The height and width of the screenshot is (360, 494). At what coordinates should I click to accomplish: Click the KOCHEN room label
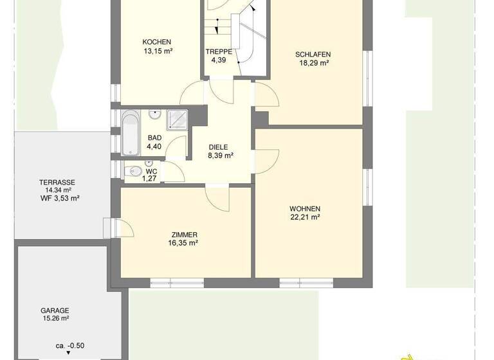pos(157,42)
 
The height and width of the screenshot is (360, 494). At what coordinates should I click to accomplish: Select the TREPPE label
pos(219,51)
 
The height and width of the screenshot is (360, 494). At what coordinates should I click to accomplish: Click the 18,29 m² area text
pos(313,63)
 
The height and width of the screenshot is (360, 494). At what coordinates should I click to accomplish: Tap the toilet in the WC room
pos(134,172)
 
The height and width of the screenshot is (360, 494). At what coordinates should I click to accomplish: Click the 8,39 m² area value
pos(220,156)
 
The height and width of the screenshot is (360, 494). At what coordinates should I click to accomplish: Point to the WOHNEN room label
pos(305,209)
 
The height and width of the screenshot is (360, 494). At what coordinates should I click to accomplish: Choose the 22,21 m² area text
pos(305,218)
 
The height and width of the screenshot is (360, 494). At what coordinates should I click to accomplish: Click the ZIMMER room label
pos(184,235)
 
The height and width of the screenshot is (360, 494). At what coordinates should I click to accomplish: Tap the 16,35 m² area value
pos(184,244)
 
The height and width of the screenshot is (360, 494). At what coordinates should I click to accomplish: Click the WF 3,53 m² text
pos(60,199)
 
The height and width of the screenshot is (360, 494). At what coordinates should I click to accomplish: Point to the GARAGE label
pos(55,310)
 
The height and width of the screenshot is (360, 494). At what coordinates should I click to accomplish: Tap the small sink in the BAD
pos(155,115)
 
